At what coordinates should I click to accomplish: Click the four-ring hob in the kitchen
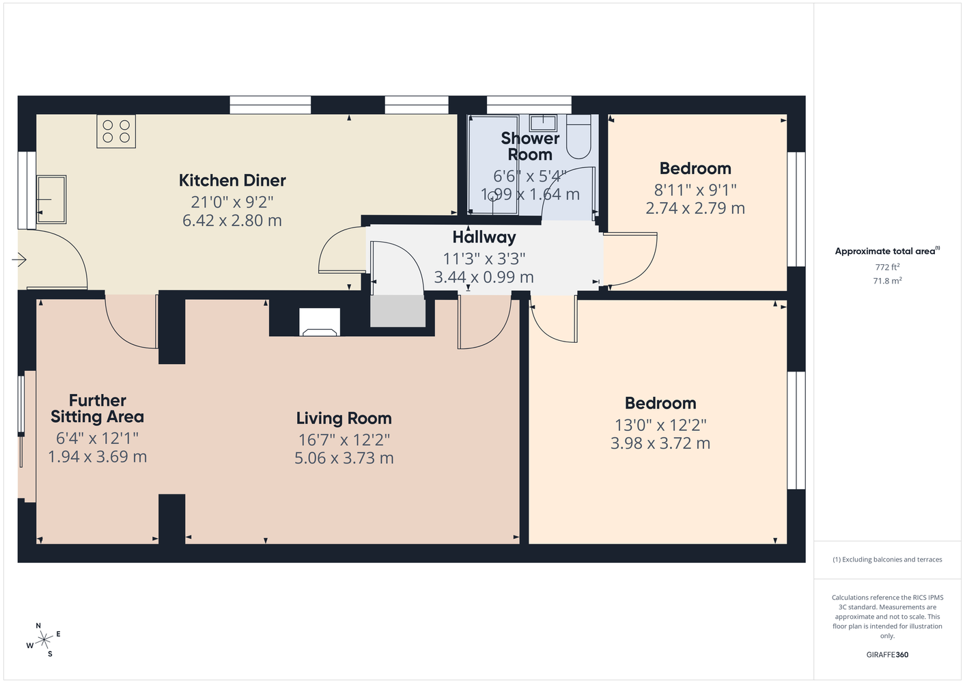coord(116,131)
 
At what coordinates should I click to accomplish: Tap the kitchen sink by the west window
coord(51,199)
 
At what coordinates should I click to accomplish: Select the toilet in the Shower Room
coord(578,137)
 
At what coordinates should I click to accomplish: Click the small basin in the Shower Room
coord(543,123)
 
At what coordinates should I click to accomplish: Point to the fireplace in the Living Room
coord(319,322)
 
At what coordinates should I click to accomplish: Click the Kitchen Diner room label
coord(232,180)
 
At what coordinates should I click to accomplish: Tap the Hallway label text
coord(484,237)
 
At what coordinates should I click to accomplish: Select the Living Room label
coord(344,418)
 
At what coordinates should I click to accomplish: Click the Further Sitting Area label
coord(98,408)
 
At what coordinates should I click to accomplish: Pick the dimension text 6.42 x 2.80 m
coord(232,221)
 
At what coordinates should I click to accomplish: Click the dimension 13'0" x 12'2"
coord(660,426)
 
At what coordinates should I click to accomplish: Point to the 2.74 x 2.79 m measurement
coord(695,208)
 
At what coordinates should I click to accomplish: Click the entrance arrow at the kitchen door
coord(19,260)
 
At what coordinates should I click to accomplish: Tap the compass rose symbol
coord(44,640)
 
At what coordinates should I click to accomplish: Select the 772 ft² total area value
coord(887,267)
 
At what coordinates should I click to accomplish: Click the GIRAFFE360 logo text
coord(887,654)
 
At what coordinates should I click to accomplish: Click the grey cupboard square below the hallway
coord(398,311)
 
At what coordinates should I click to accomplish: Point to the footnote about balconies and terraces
coord(887,559)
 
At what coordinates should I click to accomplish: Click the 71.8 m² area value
coord(887,281)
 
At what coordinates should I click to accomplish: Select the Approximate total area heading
coord(887,251)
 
